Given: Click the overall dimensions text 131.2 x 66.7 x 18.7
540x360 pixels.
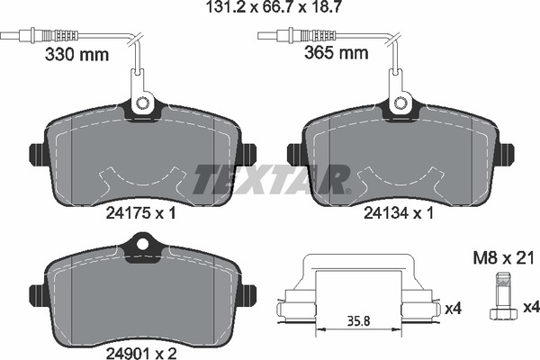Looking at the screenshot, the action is pos(274,7).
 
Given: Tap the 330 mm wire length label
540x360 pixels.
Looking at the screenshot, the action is pos(76,54).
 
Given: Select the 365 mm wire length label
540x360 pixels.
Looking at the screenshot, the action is pos(337,53).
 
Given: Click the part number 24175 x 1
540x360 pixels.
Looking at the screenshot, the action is pos(140,213).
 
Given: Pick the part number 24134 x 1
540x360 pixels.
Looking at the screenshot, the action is pos(399,213).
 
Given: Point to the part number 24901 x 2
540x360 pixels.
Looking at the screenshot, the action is pos(141,353).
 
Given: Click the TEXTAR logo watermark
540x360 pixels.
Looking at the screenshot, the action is pos(272,179).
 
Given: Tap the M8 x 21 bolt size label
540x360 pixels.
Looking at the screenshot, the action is pos(503,257).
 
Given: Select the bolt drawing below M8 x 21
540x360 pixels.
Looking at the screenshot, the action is pos(503,297).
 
